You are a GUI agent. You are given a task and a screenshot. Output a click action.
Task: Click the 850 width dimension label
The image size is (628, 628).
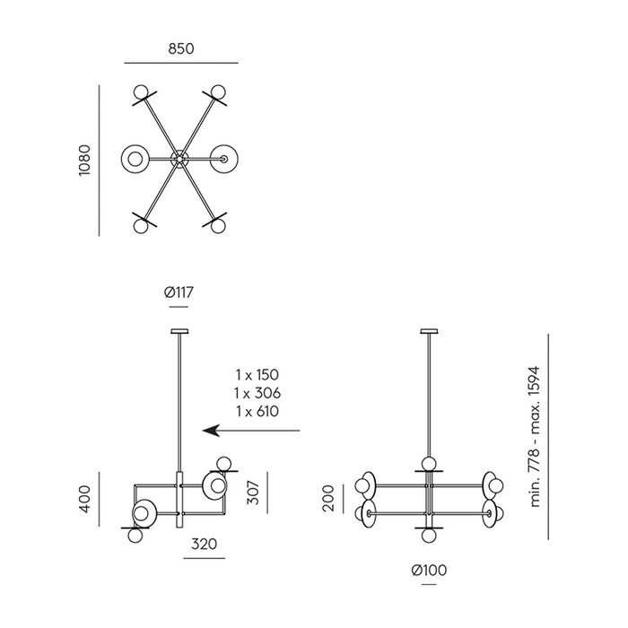(181, 48)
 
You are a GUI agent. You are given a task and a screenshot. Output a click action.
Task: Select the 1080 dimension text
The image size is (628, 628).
(85, 161)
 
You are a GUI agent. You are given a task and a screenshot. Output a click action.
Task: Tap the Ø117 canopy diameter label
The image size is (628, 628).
(179, 292)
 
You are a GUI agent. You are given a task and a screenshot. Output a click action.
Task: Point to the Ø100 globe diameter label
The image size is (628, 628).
(429, 570)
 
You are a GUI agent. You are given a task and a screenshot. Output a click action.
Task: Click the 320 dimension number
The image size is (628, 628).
(205, 544)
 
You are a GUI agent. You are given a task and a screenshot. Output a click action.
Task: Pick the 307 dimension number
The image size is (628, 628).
(253, 493)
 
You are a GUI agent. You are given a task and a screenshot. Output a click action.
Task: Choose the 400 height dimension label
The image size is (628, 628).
(85, 499)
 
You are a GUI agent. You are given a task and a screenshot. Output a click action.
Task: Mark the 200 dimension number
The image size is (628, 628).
(328, 498)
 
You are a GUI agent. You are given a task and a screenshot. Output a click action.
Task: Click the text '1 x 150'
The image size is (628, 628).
(257, 375)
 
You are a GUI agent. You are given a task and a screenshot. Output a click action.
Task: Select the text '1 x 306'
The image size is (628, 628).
(257, 393)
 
